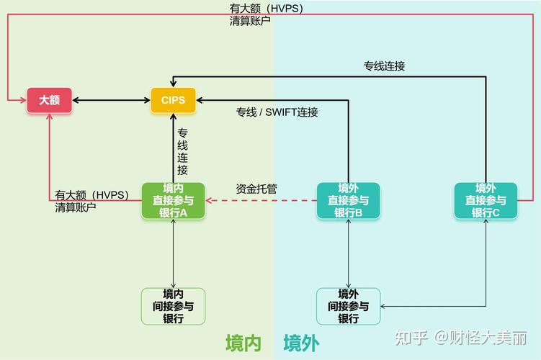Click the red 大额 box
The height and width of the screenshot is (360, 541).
[x=49, y=100]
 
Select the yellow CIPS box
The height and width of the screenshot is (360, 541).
[x=173, y=100]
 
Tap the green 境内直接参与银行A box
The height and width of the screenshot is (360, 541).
[x=173, y=200]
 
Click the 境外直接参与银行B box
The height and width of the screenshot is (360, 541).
[x=349, y=200]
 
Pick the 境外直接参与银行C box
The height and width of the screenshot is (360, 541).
[x=486, y=200]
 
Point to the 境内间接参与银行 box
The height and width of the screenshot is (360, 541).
[x=173, y=306]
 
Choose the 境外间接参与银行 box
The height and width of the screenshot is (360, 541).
[x=349, y=306]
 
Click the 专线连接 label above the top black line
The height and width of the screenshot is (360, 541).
[x=384, y=66]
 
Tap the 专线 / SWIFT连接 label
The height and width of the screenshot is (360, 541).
[x=277, y=112]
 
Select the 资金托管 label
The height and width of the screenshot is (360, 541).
[x=256, y=189]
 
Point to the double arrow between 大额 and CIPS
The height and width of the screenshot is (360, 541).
[x=111, y=100]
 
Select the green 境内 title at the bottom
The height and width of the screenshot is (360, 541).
[x=243, y=343]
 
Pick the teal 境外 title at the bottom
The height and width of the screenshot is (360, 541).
[x=301, y=343]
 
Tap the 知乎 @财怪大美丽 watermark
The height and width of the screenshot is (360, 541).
[x=461, y=338]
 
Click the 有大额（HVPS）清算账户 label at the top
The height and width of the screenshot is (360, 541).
[x=266, y=14]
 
